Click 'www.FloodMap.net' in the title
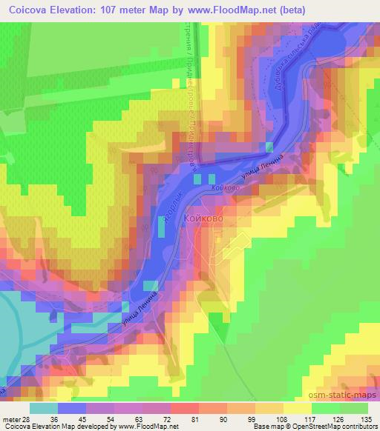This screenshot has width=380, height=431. point(231,11)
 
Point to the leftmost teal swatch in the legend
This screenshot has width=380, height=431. point(44,407)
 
